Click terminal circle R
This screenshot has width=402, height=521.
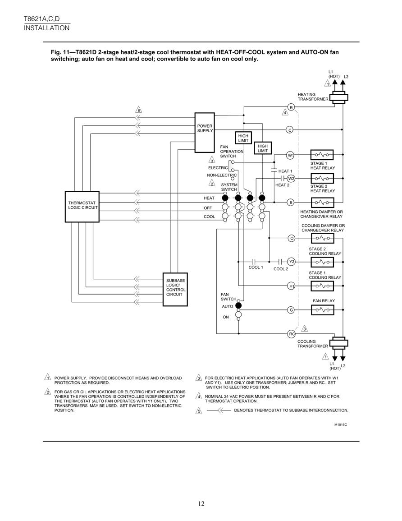click(x=291, y=107)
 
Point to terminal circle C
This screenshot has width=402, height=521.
click(x=290, y=130)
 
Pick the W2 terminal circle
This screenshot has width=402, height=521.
click(x=291, y=179)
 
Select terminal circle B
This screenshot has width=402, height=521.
click(x=291, y=202)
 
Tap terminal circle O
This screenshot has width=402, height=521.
click(x=292, y=238)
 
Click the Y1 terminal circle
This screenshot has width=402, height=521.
click(x=292, y=286)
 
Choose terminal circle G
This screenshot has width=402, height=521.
click(x=291, y=310)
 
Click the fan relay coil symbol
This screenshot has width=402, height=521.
click(x=322, y=310)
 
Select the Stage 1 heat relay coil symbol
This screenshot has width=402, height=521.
click(x=322, y=155)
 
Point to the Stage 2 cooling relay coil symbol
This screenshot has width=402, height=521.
click(x=322, y=262)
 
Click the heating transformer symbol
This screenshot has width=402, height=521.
click(x=338, y=98)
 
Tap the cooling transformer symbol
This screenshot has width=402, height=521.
click(x=338, y=342)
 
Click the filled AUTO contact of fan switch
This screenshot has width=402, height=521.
click(x=238, y=306)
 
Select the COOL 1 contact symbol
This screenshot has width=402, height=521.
click(x=254, y=262)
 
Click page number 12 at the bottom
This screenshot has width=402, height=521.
click(x=201, y=503)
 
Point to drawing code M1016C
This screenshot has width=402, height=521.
click(x=341, y=424)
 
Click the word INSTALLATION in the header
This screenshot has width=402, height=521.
click(x=47, y=28)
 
